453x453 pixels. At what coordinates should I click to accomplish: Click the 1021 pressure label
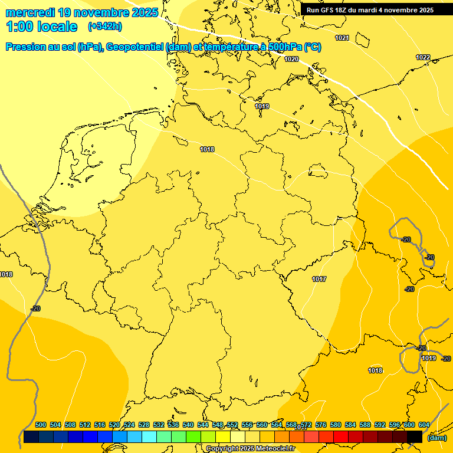tap(342, 38)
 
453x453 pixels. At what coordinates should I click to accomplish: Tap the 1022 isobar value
tap(423, 57)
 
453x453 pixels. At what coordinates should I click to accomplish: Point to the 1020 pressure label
tap(291, 59)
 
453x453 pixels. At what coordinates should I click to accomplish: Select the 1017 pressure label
tap(320, 279)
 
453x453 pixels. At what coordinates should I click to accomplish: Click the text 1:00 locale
tap(42, 27)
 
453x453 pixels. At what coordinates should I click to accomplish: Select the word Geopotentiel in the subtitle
tap(139, 47)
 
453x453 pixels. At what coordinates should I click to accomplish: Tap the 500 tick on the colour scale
tap(41, 425)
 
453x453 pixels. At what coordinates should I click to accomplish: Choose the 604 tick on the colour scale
tap(424, 425)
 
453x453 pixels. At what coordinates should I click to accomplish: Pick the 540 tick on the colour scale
tap(188, 425)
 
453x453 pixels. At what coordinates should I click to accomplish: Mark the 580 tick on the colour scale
tap(336, 425)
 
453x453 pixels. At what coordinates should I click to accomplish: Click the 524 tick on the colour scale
tap(129, 425)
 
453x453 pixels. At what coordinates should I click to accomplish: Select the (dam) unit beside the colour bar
tap(436, 438)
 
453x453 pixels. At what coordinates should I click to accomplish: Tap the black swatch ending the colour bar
tap(415, 436)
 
